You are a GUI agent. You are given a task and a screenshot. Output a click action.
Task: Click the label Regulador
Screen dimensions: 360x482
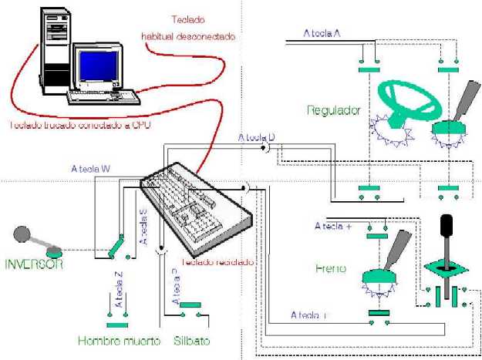point(333,110)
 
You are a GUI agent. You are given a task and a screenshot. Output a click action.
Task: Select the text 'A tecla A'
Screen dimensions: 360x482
point(322,34)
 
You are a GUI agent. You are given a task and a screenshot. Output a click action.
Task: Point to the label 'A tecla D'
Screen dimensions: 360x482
point(256,137)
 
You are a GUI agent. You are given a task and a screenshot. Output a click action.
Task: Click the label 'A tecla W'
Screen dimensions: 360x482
point(90,168)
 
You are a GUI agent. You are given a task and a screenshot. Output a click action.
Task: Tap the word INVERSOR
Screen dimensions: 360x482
point(34,264)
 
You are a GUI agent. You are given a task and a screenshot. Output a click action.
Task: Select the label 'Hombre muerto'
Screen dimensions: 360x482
point(119,340)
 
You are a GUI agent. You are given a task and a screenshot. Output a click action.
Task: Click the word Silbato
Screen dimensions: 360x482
point(192,340)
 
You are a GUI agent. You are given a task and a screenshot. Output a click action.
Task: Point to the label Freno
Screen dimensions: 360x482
point(330,269)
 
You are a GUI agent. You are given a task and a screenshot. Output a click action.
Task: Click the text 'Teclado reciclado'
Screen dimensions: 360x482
point(217,261)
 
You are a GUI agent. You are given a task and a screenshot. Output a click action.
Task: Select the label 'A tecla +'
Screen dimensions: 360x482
point(333,227)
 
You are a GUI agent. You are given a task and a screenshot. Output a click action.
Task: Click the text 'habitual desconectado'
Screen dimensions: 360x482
point(187,35)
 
